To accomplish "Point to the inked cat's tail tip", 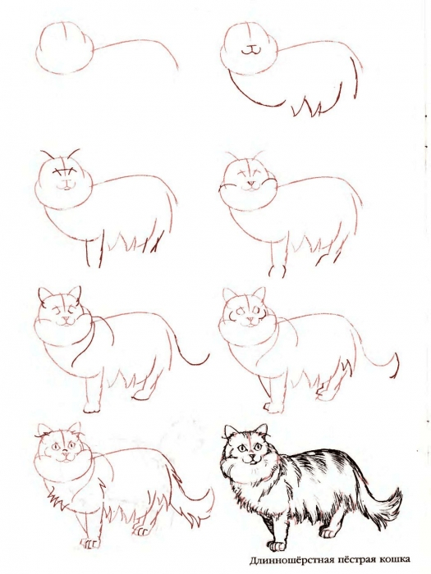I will click(399, 495).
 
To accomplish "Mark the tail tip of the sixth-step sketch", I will click(397, 361).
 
